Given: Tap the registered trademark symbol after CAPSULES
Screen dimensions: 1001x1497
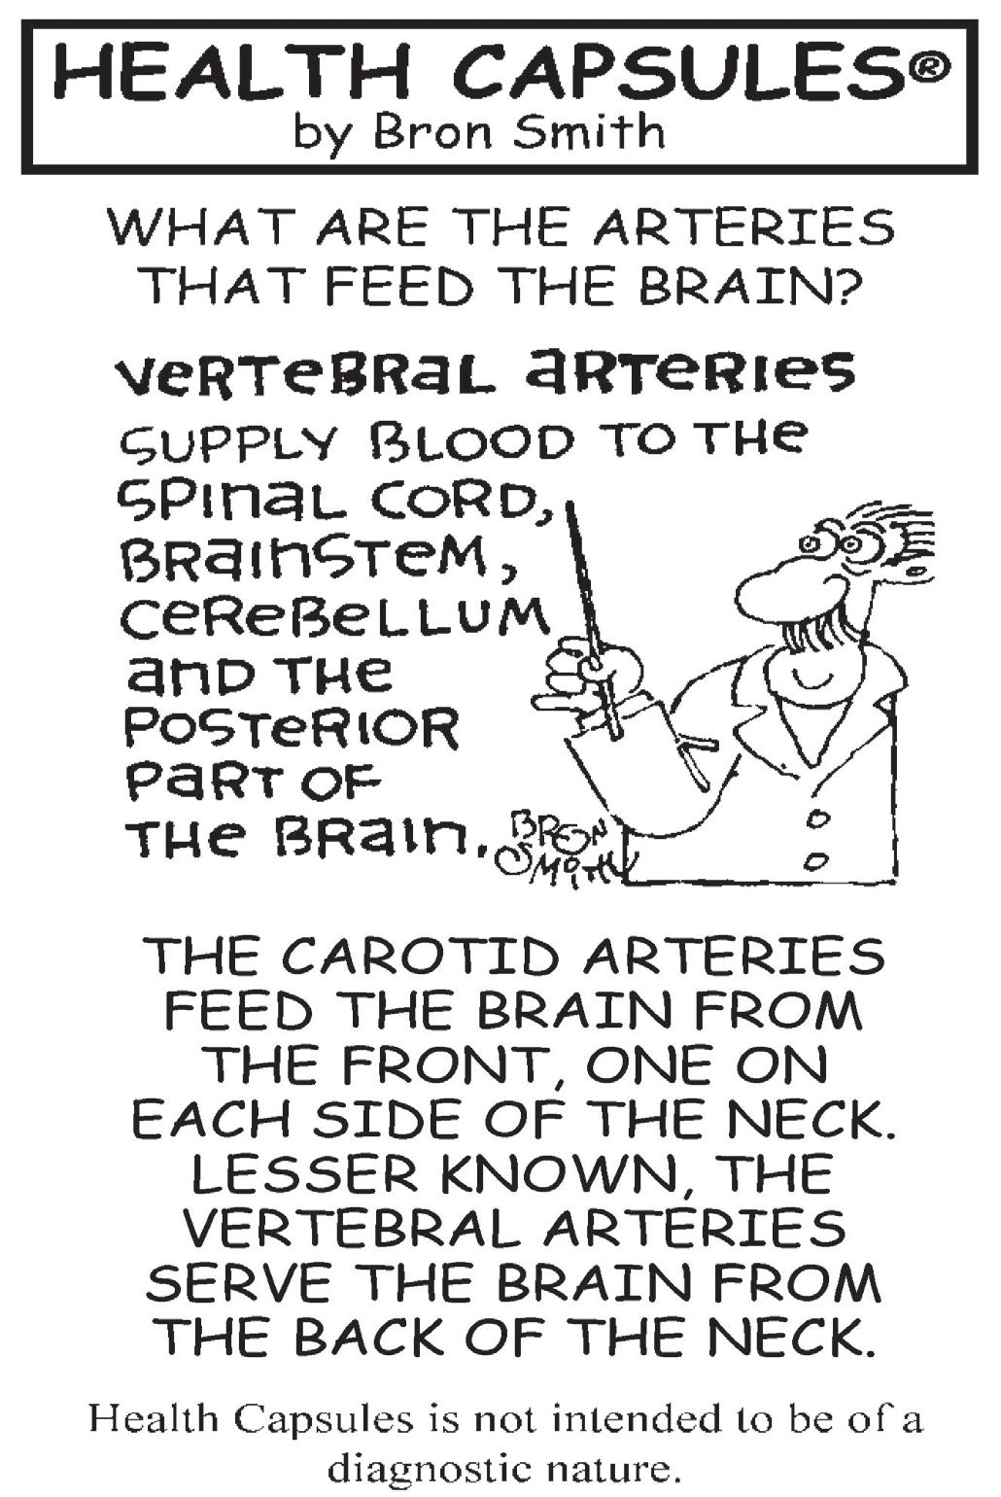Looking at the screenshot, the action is pos(929,67).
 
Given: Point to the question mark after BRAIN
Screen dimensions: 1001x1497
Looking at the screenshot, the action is pos(846,286).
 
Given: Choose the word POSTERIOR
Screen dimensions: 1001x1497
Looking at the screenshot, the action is pos(293,729).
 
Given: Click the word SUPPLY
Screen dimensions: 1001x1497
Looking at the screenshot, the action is pos(227,445).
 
